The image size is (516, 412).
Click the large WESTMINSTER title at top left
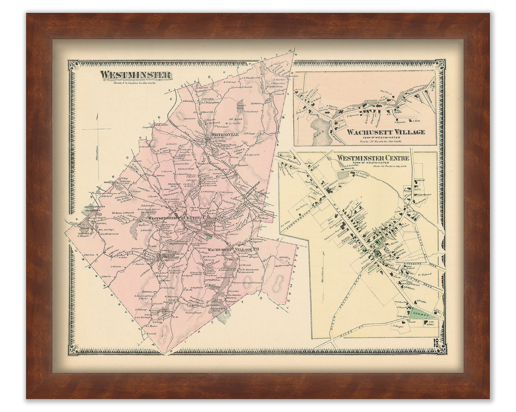click(135, 75)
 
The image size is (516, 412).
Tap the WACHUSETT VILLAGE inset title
click(385, 132)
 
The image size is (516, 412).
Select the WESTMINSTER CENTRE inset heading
click(373, 158)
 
